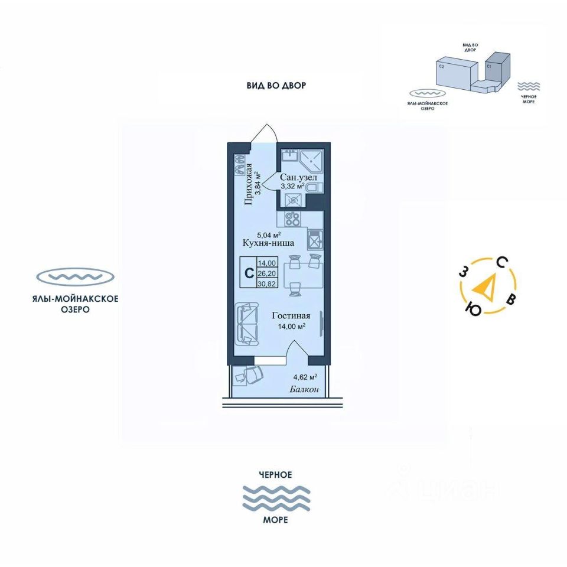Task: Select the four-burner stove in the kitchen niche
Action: tap(292, 219)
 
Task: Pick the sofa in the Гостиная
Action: tap(247, 324)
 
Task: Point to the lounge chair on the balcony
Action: tap(249, 374)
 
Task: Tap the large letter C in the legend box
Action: tap(249, 273)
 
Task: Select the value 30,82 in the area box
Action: tap(267, 284)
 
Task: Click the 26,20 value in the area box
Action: tap(267, 273)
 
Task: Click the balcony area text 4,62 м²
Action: tap(305, 376)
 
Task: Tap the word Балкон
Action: tap(305, 389)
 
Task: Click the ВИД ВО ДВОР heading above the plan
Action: tap(276, 86)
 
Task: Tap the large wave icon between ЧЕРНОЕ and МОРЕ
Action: tap(276, 497)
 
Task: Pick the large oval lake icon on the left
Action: tap(75, 276)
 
